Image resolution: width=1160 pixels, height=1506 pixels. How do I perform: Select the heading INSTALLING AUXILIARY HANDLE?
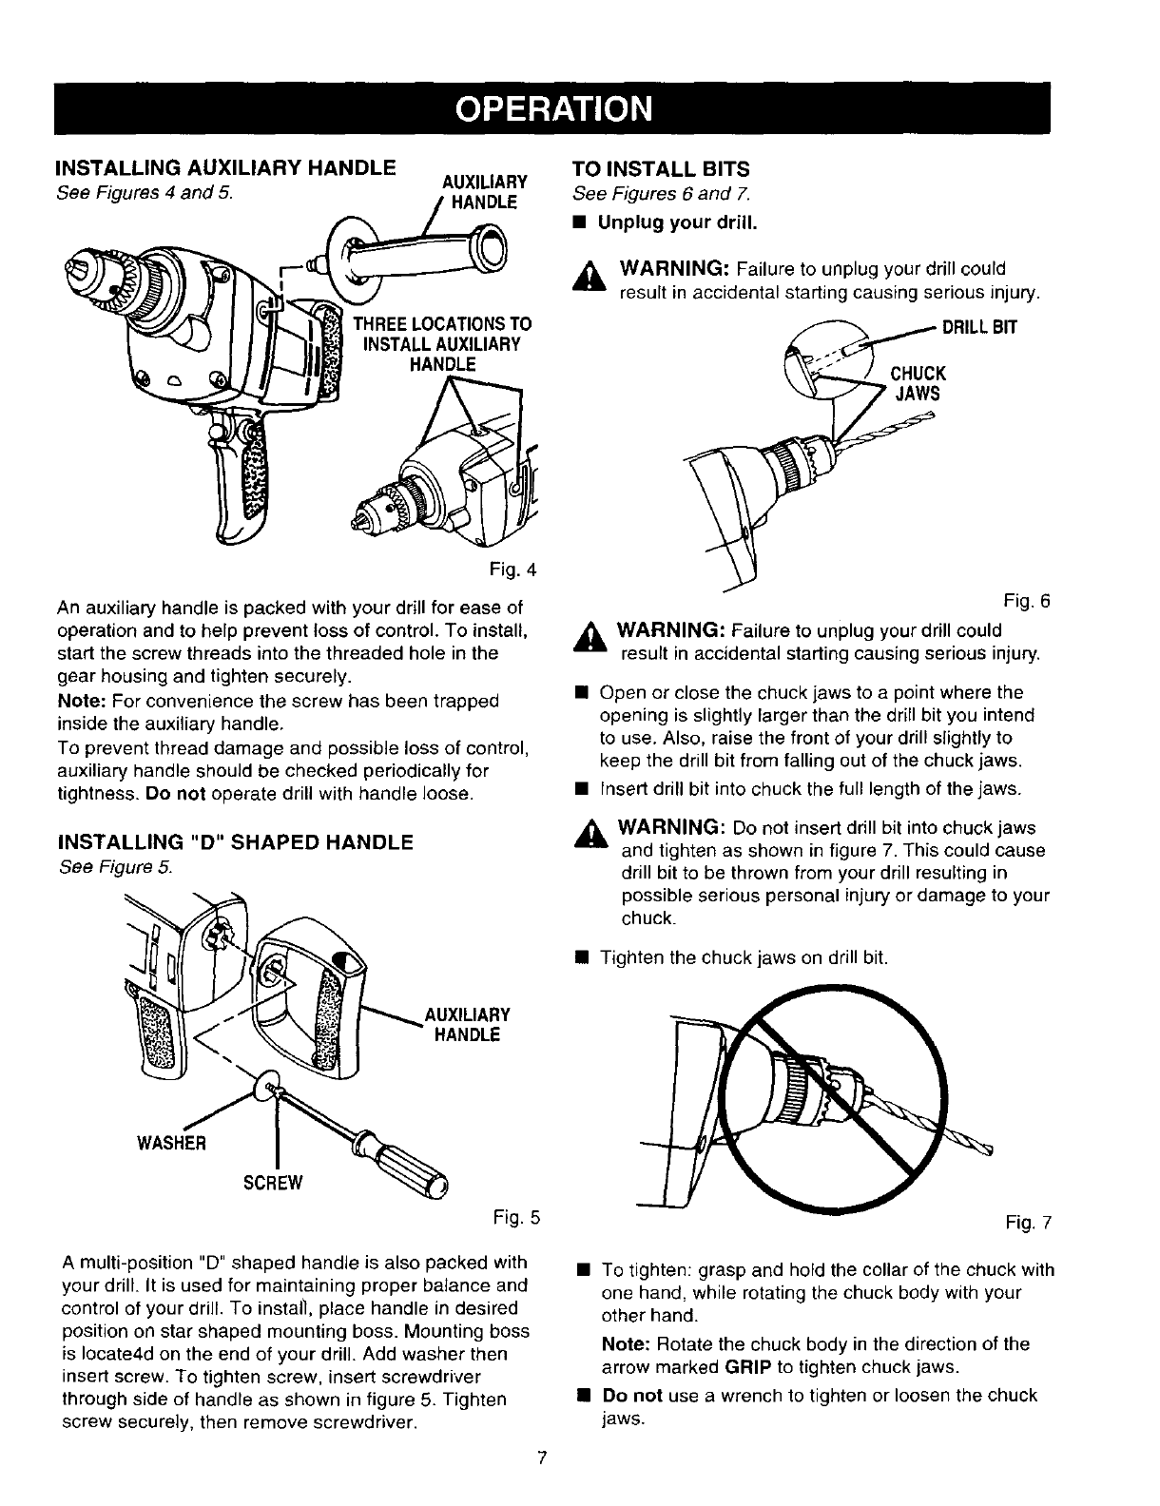pyautogui.click(x=227, y=169)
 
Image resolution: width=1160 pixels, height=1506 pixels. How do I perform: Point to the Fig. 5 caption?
pyautogui.click(x=520, y=1216)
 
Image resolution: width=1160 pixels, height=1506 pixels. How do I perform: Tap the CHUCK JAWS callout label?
pyautogui.click(x=917, y=382)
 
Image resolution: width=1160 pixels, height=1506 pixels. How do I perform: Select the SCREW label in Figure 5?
pyautogui.click(x=274, y=1182)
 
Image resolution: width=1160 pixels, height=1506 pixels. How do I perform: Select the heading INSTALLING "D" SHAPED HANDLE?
pyautogui.click(x=236, y=842)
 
